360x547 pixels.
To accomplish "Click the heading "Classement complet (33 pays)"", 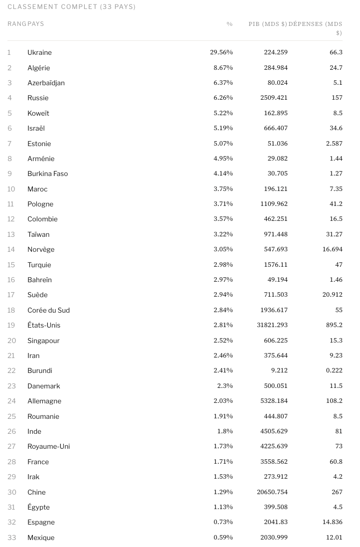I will tap(72, 7).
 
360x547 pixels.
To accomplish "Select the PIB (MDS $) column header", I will tap(268, 24).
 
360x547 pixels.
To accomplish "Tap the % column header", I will tap(229, 24).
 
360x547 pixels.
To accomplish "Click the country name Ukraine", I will tap(39, 52).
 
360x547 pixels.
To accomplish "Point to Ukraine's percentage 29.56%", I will tap(221, 52).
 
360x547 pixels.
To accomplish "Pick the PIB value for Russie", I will tap(274, 98).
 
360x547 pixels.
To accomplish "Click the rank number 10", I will tap(11, 189).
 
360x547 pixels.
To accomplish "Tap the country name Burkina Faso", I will tap(47, 174).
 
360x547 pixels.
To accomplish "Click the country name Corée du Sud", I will tap(48, 310).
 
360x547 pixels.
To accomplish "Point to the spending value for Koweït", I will tap(337, 113).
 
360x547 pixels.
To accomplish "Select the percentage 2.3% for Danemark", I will tap(225, 386).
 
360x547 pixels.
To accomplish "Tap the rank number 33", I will tap(11, 538).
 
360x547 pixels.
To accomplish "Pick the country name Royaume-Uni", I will tap(48, 446).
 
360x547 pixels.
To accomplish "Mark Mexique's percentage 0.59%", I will tap(223, 538).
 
